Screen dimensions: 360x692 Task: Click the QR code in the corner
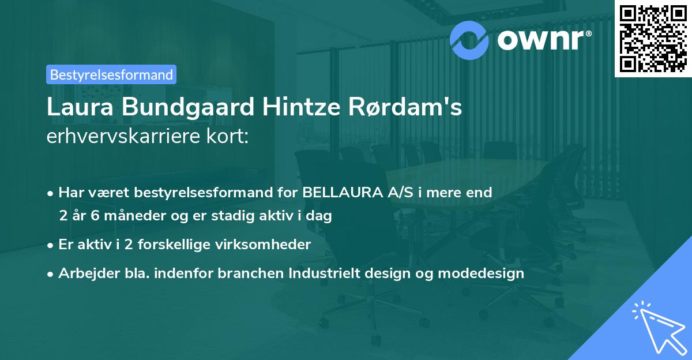653,38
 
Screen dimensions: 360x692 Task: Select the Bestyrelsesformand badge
111,74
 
